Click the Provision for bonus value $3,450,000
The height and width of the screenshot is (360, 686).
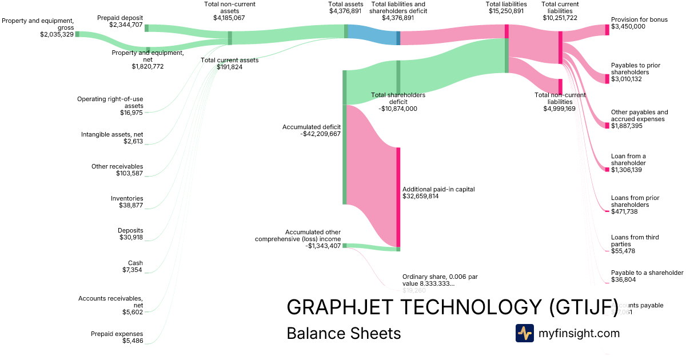point(628,26)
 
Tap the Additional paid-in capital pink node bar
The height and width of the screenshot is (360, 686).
point(398,197)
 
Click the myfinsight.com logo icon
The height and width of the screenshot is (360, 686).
point(524,333)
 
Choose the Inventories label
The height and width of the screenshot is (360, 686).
point(127,198)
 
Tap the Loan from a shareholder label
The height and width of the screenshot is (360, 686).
point(628,159)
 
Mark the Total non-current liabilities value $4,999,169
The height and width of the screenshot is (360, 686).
point(559,109)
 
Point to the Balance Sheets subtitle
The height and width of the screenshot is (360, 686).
point(344,333)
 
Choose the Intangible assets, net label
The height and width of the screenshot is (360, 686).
point(112,134)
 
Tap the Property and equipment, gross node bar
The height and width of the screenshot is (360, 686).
point(77,34)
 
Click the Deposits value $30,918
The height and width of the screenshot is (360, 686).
point(131,237)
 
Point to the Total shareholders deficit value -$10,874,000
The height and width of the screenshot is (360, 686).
point(398,109)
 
